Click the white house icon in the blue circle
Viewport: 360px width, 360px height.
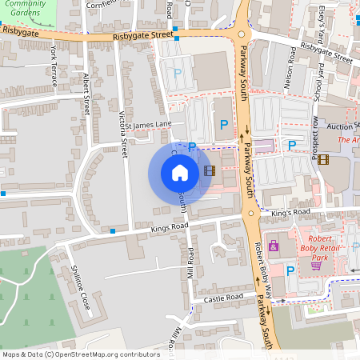pos(180,172)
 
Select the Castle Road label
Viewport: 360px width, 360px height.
pos(222,298)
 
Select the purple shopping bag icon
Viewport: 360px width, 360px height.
pos(274,246)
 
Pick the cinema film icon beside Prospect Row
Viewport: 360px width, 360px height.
pos(322,159)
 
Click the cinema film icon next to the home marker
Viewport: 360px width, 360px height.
pos(209,170)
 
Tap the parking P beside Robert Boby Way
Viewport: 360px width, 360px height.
pos(290,271)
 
